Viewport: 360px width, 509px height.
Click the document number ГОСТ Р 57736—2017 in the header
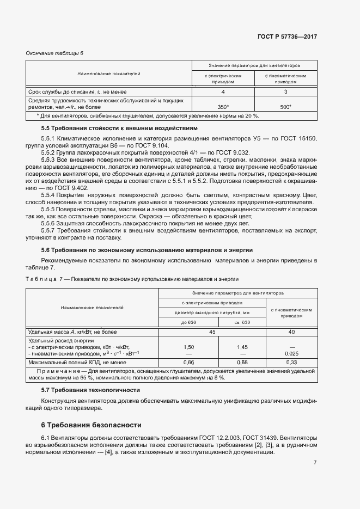(287, 36)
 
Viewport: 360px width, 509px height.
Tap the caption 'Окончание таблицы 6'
(55, 53)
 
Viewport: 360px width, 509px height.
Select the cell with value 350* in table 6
(223, 107)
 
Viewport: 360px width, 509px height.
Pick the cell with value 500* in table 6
(285, 107)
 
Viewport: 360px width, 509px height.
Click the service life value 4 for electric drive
(223, 91)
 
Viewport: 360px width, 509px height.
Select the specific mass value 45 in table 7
(212, 332)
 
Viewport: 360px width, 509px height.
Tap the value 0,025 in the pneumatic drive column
(291, 353)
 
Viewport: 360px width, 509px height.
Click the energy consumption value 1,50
(188, 346)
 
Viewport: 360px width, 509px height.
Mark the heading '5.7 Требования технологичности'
(83, 390)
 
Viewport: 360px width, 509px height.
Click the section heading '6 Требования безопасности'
(91, 425)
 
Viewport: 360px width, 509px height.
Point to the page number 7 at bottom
(315, 463)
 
